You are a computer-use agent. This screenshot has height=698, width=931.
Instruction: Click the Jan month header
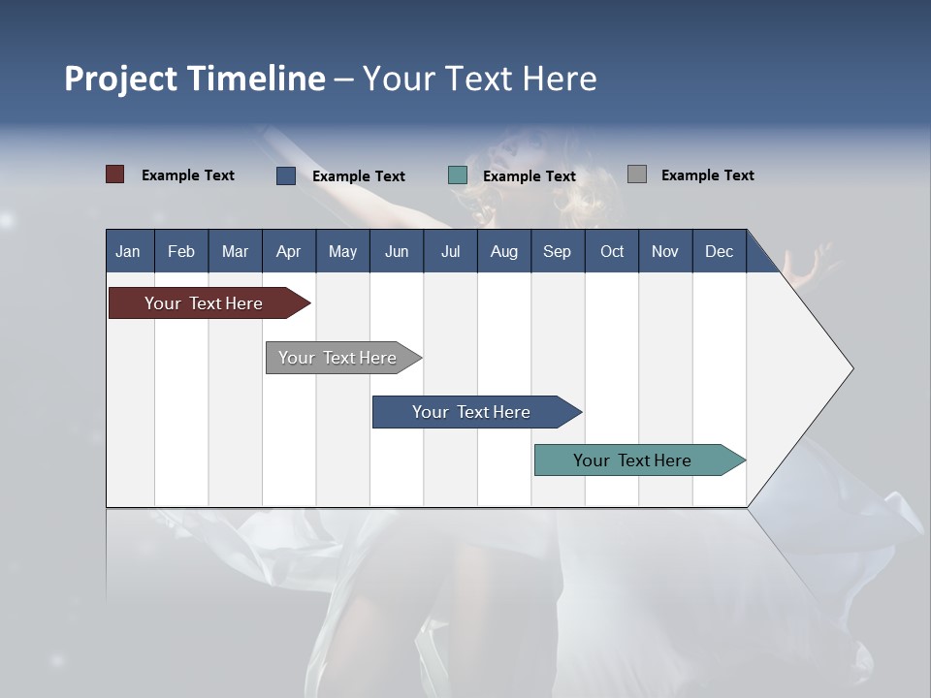pyautogui.click(x=128, y=251)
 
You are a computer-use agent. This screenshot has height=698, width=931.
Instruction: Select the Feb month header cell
pyautogui.click(x=181, y=251)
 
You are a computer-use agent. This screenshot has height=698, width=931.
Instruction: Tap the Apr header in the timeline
pyautogui.click(x=288, y=251)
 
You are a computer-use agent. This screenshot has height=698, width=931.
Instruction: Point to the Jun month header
pyautogui.click(x=397, y=251)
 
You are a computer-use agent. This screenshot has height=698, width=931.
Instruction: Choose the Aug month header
pyautogui.click(x=503, y=251)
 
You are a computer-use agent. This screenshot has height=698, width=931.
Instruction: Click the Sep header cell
pyautogui.click(x=557, y=251)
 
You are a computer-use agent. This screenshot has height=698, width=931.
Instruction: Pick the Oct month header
pyautogui.click(x=612, y=251)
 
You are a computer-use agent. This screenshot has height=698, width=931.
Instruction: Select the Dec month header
pyautogui.click(x=719, y=251)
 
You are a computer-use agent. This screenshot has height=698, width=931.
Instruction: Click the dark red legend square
pyautogui.click(x=115, y=174)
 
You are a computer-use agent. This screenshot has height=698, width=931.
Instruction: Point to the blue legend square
pyautogui.click(x=286, y=175)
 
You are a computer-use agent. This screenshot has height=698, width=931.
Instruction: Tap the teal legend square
pyautogui.click(x=458, y=175)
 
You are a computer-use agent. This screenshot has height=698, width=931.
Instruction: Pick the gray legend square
pyautogui.click(x=637, y=174)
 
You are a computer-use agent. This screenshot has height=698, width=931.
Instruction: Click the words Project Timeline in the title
pyautogui.click(x=195, y=79)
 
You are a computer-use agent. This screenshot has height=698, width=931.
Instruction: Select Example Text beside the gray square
pyautogui.click(x=707, y=175)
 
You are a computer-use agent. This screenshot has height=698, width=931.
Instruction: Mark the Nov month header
pyautogui.click(x=664, y=251)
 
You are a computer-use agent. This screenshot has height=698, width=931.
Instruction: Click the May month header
pyautogui.click(x=342, y=251)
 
